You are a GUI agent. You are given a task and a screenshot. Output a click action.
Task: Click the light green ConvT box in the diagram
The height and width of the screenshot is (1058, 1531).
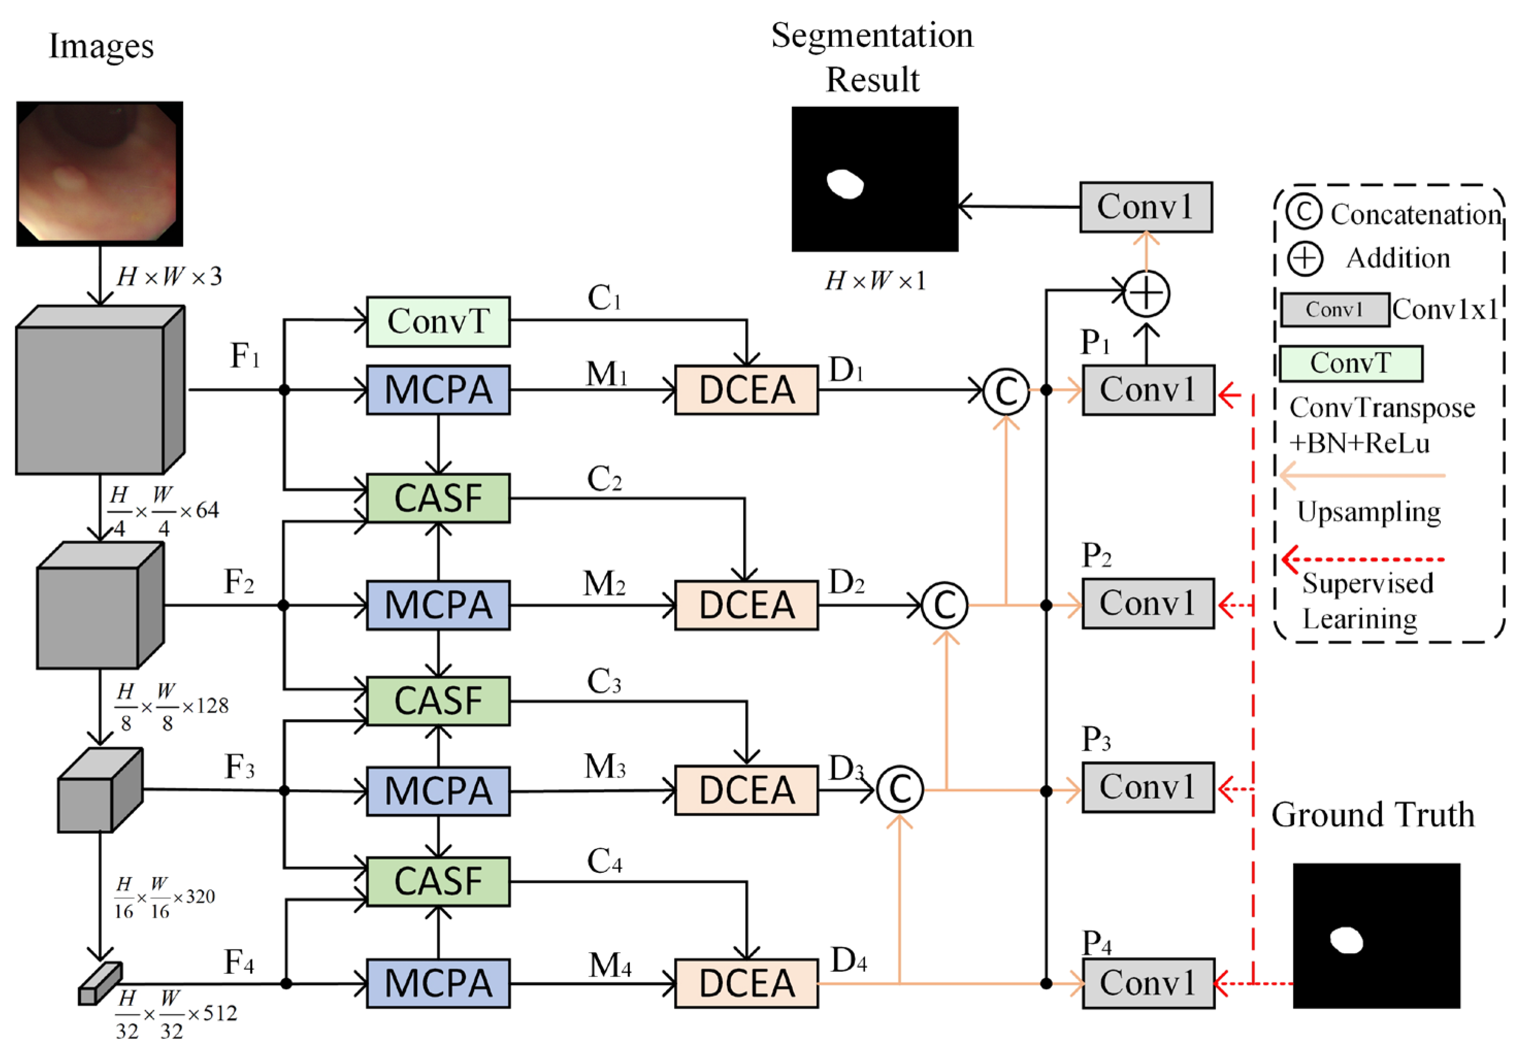(x=438, y=321)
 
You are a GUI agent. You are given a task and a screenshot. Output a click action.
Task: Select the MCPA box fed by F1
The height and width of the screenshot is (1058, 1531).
(x=438, y=390)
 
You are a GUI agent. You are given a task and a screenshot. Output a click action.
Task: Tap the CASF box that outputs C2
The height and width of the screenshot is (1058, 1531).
(x=438, y=498)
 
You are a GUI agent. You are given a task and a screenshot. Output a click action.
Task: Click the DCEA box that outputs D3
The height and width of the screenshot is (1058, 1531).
(x=746, y=790)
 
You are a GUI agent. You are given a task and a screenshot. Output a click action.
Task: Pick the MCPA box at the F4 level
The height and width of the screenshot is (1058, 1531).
(x=438, y=983)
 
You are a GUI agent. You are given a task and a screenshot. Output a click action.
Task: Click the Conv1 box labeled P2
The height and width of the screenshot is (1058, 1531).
(x=1148, y=603)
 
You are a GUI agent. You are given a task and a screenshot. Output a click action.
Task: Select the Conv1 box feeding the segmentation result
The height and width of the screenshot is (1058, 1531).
(x=1146, y=207)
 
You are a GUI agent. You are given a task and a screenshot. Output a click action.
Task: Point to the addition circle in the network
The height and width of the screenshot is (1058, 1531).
(x=1147, y=294)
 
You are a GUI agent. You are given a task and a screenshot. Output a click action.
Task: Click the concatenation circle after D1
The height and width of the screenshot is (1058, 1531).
(x=1006, y=391)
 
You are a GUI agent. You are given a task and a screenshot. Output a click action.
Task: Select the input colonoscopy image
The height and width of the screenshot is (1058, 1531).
(x=100, y=174)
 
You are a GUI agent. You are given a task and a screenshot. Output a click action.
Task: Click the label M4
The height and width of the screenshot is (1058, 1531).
(x=610, y=966)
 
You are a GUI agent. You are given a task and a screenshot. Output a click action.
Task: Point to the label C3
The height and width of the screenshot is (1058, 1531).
(x=604, y=681)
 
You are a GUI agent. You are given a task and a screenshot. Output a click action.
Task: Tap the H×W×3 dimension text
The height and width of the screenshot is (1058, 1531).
(x=169, y=276)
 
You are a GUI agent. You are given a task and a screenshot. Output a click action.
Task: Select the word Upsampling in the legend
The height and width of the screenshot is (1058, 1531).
(x=1369, y=512)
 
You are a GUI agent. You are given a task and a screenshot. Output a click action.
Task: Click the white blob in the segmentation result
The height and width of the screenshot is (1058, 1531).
(x=845, y=184)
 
